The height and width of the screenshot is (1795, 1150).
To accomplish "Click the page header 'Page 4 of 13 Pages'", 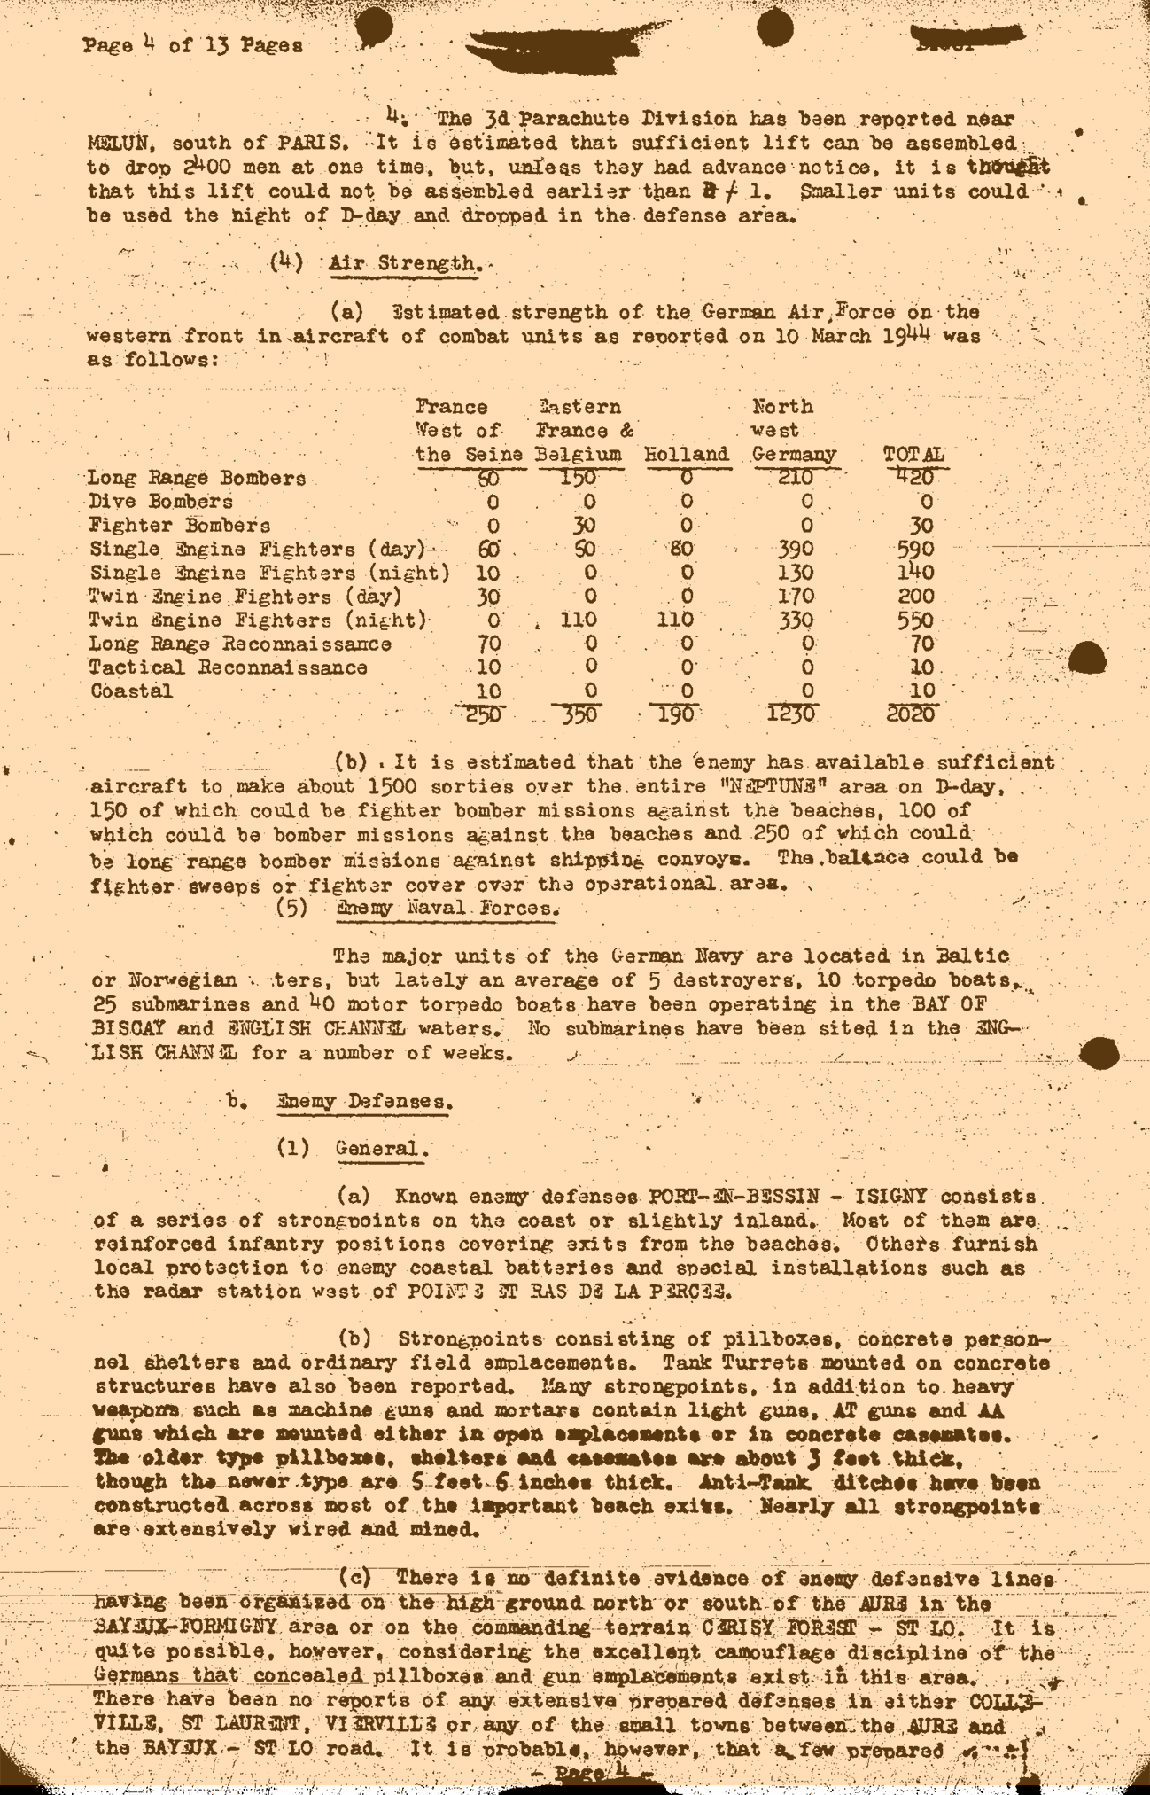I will [x=193, y=44].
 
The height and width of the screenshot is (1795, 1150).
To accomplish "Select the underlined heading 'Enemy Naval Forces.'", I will [x=447, y=909].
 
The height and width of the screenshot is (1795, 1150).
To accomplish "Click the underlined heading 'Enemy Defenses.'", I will [x=365, y=1102].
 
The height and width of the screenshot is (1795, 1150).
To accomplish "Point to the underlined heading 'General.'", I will [x=382, y=1149].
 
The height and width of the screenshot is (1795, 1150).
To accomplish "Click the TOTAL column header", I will [x=913, y=455].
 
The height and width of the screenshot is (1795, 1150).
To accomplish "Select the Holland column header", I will [x=686, y=455].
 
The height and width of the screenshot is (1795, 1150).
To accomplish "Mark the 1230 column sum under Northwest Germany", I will [x=790, y=714].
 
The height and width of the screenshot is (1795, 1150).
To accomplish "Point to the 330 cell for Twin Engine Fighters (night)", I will [x=795, y=620].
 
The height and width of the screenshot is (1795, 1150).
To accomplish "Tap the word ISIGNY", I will [x=885, y=1197].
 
